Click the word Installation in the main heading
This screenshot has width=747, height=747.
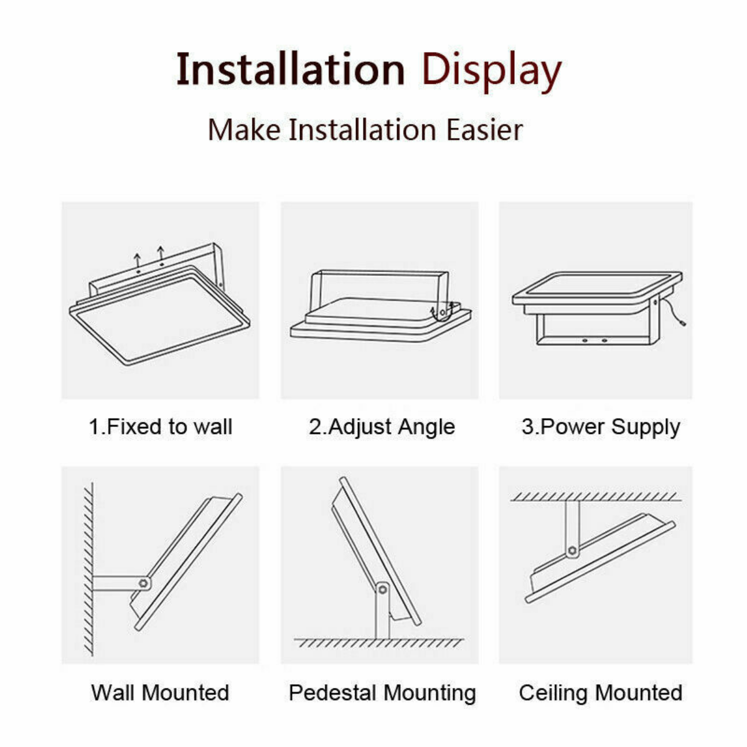point(291,69)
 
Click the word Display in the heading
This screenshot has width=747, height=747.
point(492,72)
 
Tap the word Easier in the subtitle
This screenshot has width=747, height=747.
point(484,130)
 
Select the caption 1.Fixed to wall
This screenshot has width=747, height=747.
point(161,427)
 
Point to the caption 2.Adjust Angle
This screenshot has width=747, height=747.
point(382,427)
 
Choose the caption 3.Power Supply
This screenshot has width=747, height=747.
point(601,427)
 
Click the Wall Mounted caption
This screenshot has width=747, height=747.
point(160,692)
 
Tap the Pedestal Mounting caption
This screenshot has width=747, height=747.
point(382,693)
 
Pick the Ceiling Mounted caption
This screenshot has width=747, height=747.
point(601,693)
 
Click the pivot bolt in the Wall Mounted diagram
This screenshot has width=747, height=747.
point(143,583)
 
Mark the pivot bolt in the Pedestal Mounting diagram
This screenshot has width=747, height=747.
point(383,590)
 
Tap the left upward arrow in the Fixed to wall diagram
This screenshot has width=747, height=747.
point(137,260)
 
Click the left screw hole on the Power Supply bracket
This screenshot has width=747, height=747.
point(585,341)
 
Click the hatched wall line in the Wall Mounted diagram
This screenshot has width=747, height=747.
point(88,570)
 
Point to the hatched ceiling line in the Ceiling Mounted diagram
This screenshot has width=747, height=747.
point(596,497)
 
